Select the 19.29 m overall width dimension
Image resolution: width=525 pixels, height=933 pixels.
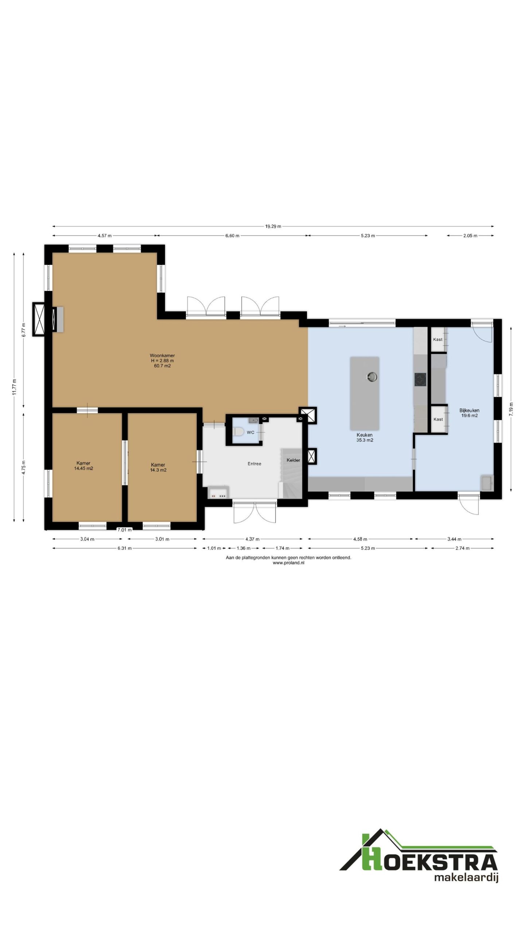273,226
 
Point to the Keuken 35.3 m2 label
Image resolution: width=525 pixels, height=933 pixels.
365,437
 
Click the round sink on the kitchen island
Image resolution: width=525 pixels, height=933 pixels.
372,377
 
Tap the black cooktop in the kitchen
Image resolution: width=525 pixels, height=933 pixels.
420,379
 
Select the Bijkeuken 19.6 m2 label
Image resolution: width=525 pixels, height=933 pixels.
469,413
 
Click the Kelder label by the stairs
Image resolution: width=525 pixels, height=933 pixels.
293,460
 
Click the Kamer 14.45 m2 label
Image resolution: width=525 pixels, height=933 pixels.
83,466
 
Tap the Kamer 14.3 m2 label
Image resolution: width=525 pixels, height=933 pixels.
158,467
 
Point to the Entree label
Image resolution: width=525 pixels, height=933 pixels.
254,464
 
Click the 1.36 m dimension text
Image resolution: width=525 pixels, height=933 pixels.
243,548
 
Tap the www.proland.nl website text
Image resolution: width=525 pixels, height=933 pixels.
288,563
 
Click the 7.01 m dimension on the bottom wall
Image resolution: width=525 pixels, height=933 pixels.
124,530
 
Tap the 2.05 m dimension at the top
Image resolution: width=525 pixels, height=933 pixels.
470,235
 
